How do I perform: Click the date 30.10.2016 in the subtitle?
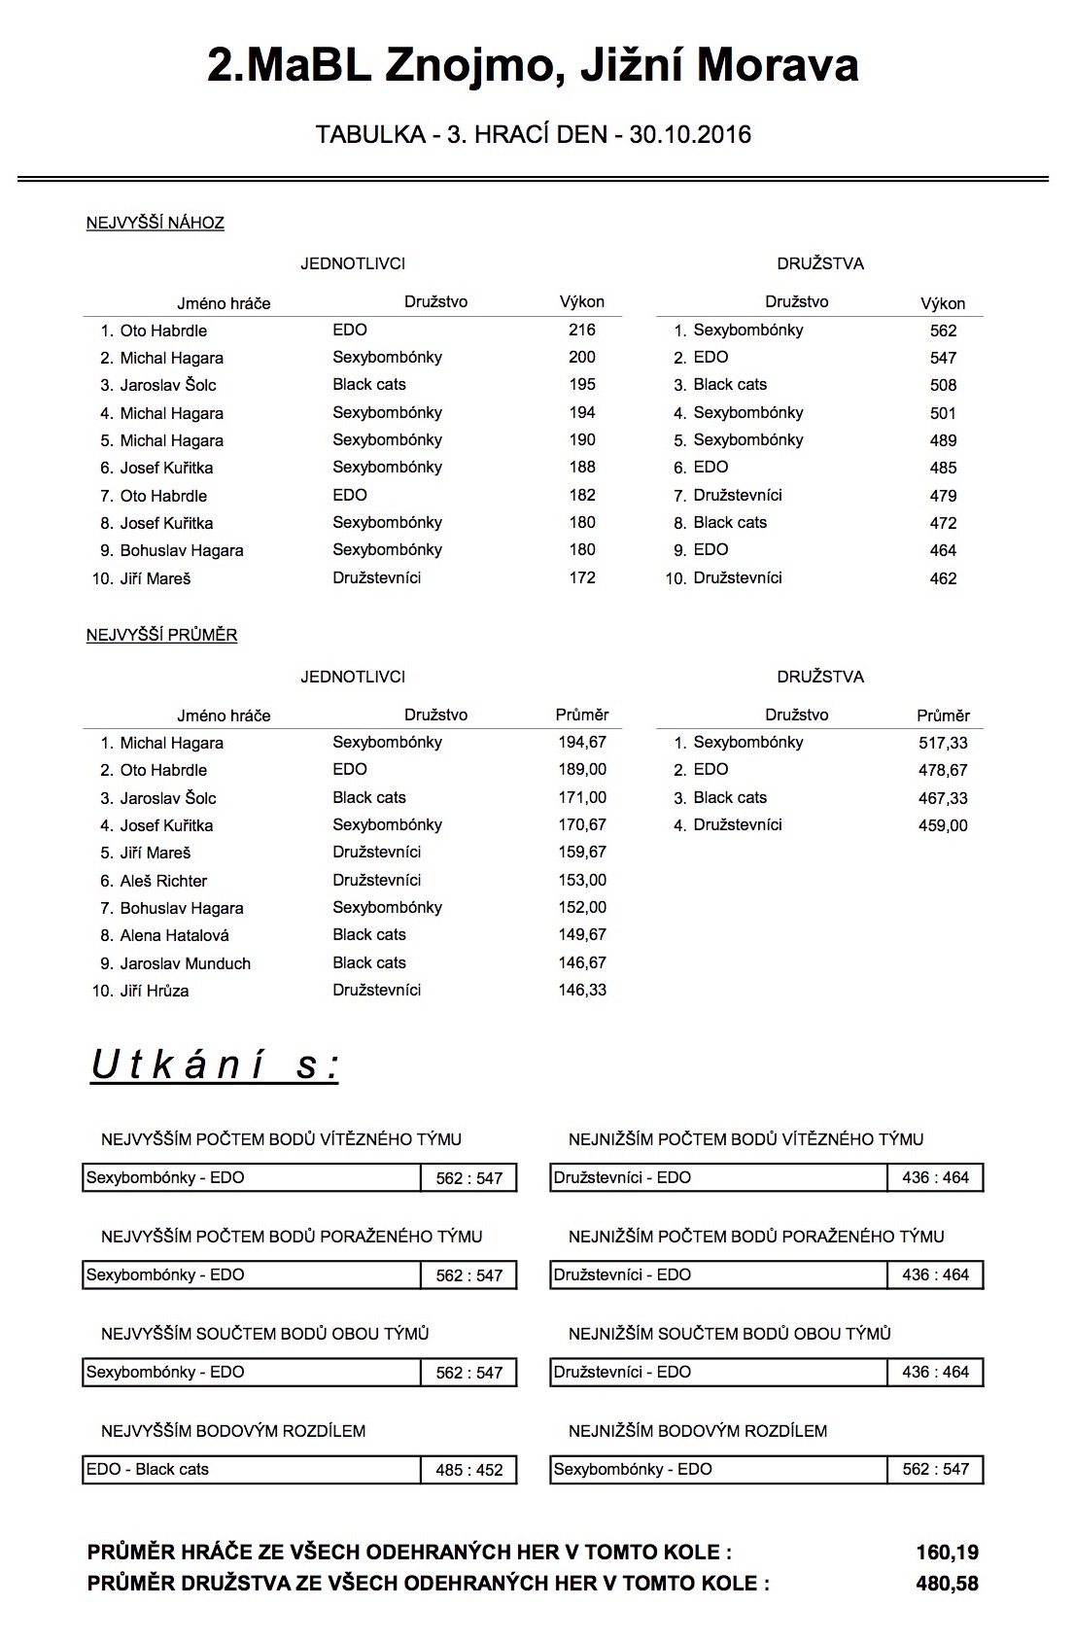click(x=690, y=134)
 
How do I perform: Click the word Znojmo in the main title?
click(x=471, y=66)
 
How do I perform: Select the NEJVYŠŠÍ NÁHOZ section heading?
click(x=156, y=223)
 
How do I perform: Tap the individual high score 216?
click(x=582, y=330)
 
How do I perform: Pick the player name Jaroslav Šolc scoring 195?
click(x=168, y=385)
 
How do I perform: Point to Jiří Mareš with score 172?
click(x=156, y=578)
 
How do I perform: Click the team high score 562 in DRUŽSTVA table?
click(x=943, y=331)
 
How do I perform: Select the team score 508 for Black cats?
click(x=943, y=385)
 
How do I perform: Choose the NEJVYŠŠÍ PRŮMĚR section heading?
click(x=162, y=635)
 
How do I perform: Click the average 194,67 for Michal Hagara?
click(x=582, y=743)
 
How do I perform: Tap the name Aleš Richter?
click(x=163, y=881)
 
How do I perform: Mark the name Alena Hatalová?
click(x=175, y=935)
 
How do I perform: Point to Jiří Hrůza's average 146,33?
click(x=582, y=991)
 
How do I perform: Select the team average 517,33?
click(x=943, y=743)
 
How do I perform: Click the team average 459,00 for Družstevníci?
click(x=943, y=825)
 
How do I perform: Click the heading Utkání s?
click(x=215, y=1065)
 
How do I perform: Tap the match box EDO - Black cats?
click(x=148, y=1469)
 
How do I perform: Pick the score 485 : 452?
click(x=469, y=1470)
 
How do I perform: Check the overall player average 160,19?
click(x=947, y=1553)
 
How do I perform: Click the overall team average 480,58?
click(x=947, y=1584)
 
